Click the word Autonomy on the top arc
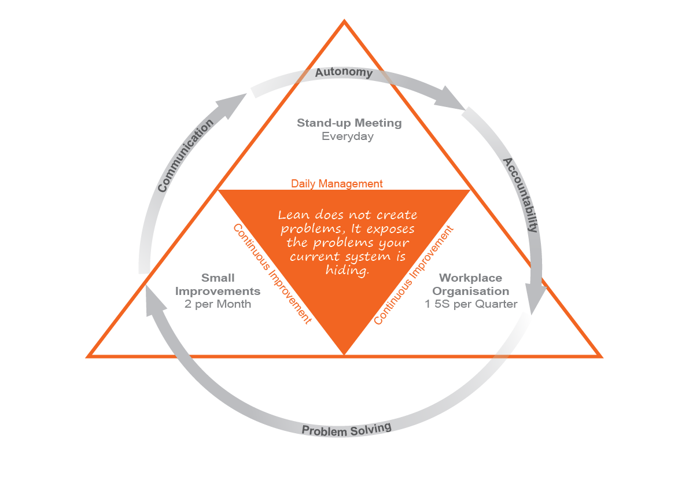click(343, 73)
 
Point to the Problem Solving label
click(347, 430)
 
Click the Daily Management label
click(337, 183)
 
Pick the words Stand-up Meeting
click(349, 123)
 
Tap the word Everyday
click(348, 136)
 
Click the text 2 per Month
click(218, 304)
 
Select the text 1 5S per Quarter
click(471, 304)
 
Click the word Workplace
click(471, 278)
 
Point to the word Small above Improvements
click(218, 278)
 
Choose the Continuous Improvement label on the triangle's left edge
click(272, 273)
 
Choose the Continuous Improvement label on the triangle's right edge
click(414, 274)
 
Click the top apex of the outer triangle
click(344, 21)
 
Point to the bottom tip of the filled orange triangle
click(344, 352)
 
